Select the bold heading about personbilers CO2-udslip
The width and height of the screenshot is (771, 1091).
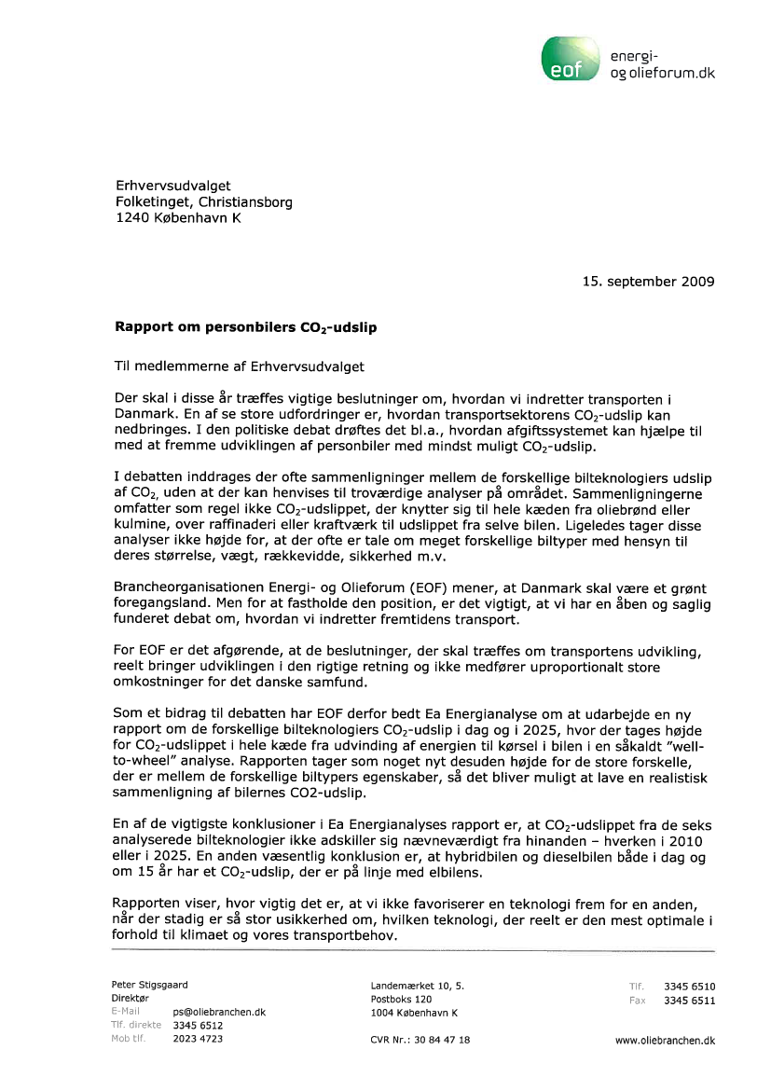pos(246,328)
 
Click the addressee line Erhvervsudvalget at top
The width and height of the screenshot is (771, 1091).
pos(172,186)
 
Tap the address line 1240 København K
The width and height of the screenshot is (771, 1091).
pos(177,218)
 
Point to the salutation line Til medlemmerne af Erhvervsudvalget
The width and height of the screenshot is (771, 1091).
pos(239,367)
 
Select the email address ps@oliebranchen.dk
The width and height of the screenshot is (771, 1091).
pos(220,1012)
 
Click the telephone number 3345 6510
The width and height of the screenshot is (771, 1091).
pos(689,987)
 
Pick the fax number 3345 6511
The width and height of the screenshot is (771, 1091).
pos(689,1001)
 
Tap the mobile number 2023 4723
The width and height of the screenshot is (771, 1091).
pos(198,1039)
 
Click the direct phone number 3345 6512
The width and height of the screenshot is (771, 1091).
pos(198,1025)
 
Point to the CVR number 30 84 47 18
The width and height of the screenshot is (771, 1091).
pos(420,1040)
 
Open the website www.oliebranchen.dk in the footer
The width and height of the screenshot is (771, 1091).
pos(665,1040)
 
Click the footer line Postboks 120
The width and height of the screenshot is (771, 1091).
pos(401,999)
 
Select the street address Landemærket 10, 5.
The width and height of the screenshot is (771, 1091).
pos(418,986)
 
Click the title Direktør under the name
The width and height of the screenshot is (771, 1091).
pos(131,998)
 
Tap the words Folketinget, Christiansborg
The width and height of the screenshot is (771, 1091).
pos(203,201)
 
